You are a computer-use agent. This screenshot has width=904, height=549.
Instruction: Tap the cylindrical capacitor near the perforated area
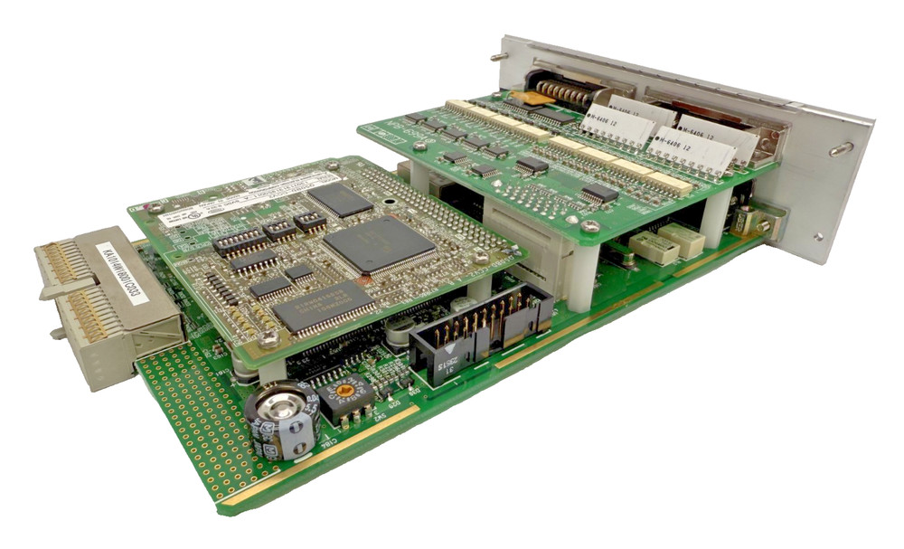283,420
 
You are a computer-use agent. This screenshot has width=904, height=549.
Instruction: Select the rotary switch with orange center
344,394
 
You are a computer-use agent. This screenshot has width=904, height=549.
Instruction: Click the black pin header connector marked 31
479,336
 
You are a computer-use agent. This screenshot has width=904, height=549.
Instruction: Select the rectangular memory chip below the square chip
323,306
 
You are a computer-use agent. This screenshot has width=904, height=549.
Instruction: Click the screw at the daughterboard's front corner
268,338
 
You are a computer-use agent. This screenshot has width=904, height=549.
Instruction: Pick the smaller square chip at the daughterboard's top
339,200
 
